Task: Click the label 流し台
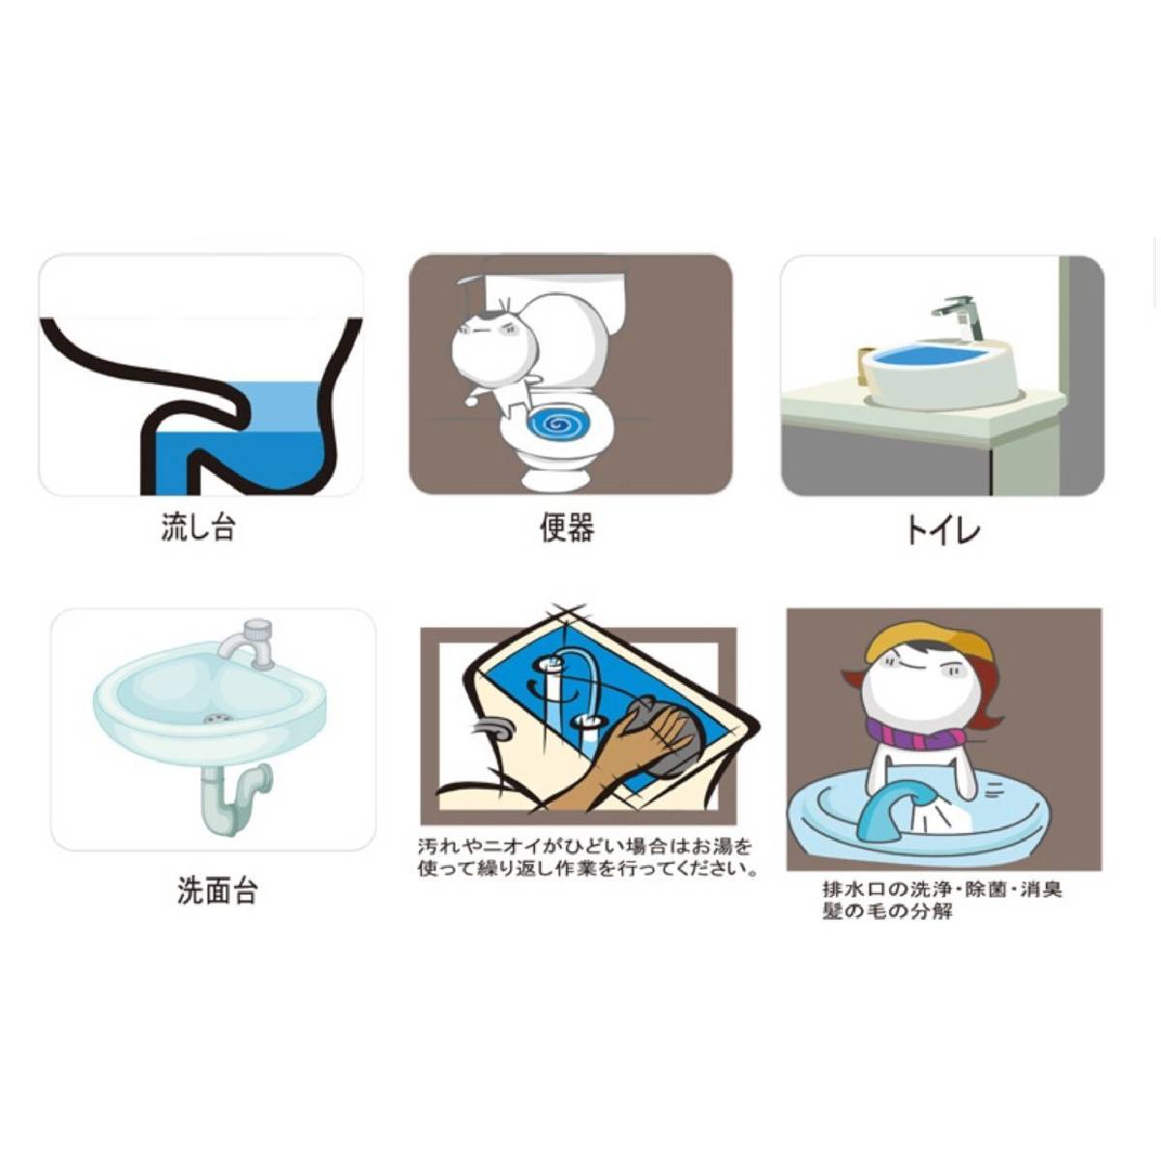pyautogui.click(x=197, y=527)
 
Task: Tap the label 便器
pyautogui.click(x=566, y=527)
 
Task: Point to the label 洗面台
pyautogui.click(x=217, y=890)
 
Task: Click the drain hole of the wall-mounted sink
pyautogui.click(x=216, y=719)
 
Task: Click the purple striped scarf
pyautogui.click(x=927, y=732)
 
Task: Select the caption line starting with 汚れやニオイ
pyautogui.click(x=584, y=847)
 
